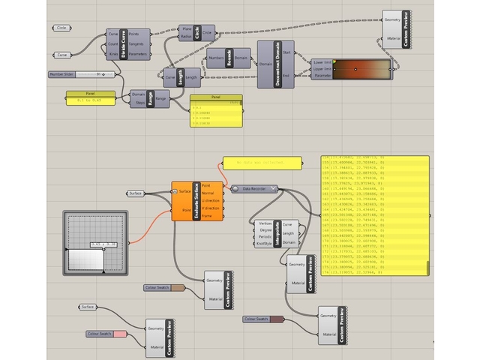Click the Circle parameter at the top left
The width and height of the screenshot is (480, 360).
coord(61,28)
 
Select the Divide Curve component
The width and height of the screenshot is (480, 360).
coord(123,45)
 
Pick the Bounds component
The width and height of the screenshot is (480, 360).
coord(231,58)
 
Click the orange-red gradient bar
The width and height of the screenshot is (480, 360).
coord(362,70)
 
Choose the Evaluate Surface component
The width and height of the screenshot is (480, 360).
coord(196,201)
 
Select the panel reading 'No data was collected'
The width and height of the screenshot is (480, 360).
coord(262,163)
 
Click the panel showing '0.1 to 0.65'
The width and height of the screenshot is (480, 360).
coord(91,98)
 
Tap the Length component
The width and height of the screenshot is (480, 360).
coord(180,77)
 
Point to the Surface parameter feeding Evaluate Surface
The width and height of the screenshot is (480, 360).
coord(136,193)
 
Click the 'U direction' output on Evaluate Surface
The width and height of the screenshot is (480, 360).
coord(211,200)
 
